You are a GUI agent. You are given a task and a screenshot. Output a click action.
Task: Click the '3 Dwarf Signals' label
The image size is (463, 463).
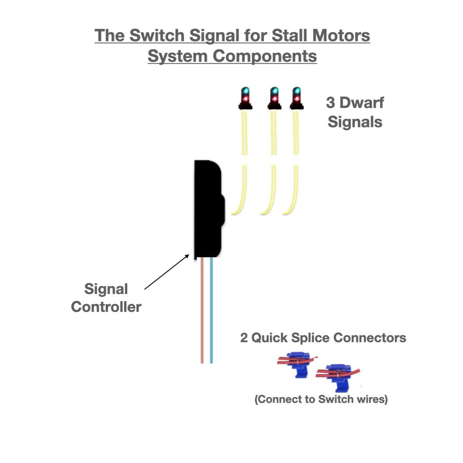(355, 112)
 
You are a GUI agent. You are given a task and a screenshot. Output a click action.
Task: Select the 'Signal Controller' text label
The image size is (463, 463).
(106, 298)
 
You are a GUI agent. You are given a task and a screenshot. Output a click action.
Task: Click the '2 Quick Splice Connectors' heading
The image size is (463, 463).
(323, 338)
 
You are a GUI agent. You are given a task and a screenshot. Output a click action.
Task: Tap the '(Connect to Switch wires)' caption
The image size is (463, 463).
(321, 400)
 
